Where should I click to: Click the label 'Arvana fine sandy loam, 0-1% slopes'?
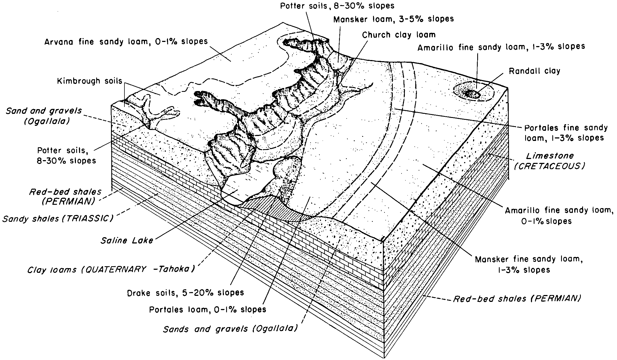[126, 42]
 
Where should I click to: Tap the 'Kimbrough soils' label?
[90, 81]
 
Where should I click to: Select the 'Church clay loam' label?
[399, 35]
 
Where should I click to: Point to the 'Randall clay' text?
[534, 71]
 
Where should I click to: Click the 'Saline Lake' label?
[127, 240]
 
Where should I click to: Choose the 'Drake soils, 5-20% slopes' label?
[186, 293]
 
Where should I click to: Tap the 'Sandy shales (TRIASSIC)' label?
[58, 219]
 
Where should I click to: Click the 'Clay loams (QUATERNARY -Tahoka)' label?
[111, 270]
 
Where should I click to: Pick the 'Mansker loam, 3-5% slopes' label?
[394, 19]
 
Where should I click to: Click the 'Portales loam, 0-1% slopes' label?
[207, 310]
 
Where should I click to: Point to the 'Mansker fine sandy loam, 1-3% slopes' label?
[529, 265]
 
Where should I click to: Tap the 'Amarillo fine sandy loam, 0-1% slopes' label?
[559, 216]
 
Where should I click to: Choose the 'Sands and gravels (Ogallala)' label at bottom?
[230, 329]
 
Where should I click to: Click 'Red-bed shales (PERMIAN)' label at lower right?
[517, 298]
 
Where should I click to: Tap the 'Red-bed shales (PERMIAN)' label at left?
[65, 197]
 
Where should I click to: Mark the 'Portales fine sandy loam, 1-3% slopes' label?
[566, 133]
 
